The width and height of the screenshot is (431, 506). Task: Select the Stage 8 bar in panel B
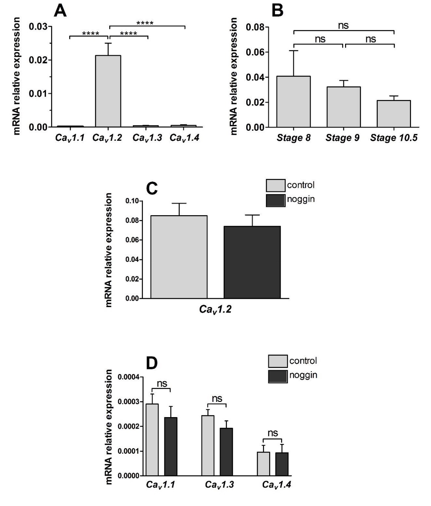(294, 102)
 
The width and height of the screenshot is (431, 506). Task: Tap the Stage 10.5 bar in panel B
(394, 114)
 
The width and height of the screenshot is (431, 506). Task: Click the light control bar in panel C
(179, 257)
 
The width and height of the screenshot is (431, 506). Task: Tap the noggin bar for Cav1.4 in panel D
(282, 464)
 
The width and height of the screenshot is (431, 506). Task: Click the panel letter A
(60, 11)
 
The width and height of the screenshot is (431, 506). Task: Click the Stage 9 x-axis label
(343, 138)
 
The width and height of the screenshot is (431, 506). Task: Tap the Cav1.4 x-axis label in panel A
(184, 138)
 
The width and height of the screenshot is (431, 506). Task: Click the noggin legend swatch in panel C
(275, 200)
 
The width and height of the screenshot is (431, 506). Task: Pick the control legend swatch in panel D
(278, 361)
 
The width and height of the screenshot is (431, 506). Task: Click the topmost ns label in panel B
(343, 26)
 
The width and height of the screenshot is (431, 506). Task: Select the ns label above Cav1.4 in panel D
(273, 433)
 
